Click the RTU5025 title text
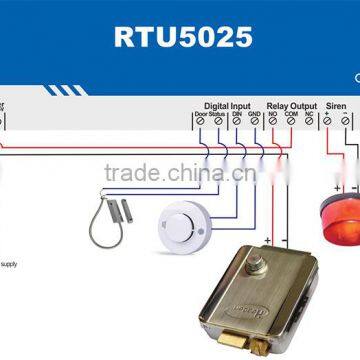point(179,39)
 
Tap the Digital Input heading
point(227,103)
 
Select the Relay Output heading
point(291,103)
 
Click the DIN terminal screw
point(236,121)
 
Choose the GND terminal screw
point(254,121)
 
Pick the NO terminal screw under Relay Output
point(272,121)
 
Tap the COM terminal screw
point(290,121)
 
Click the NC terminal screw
point(309,121)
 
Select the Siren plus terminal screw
point(327,121)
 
